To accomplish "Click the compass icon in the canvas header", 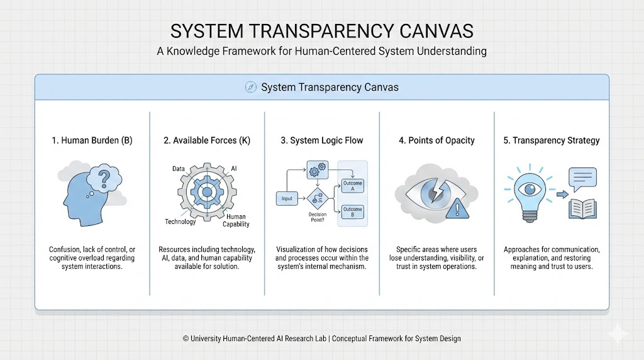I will tap(250, 87).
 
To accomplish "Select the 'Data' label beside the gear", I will tap(179, 169).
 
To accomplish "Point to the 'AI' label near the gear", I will tap(234, 169).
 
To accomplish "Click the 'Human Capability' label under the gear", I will tap(236, 220).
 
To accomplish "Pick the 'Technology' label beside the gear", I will tap(180, 222).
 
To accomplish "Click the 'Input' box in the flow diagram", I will tap(287, 199).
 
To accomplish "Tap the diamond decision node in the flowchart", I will tap(318, 199).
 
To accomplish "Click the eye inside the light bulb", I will tap(528, 189).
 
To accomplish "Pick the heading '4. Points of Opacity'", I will tap(437, 140).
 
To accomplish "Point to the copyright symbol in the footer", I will tap(186, 339).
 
